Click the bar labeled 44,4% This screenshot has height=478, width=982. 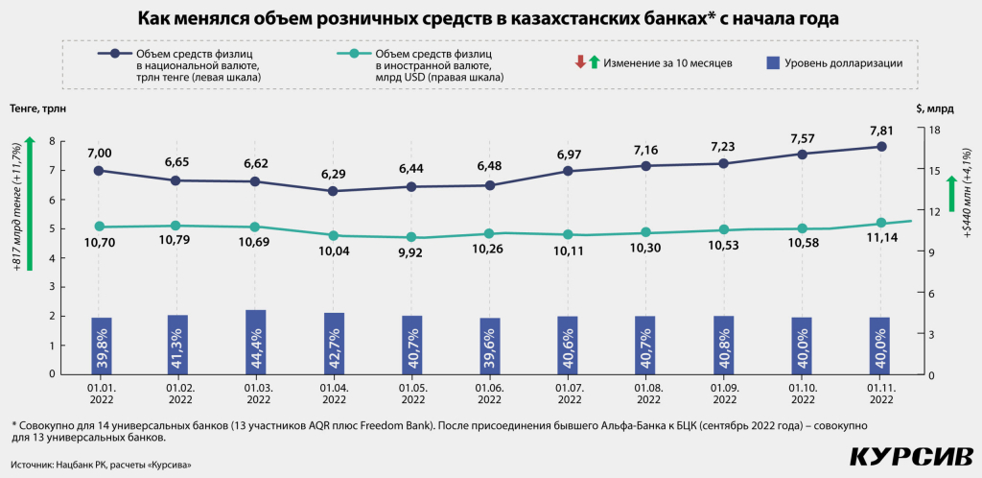point(255,342)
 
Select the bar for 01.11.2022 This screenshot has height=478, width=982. point(880,346)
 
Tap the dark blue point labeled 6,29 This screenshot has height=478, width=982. point(333,191)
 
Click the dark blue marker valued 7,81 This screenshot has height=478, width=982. point(880,147)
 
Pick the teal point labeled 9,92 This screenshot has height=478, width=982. point(411,237)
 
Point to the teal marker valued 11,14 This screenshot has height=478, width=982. point(880,223)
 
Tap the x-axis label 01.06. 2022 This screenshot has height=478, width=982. point(489,394)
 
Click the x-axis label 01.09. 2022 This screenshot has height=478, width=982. point(724,394)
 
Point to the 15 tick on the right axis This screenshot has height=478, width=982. point(934,170)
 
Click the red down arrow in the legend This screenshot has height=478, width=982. point(580,63)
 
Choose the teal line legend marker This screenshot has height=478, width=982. point(354,54)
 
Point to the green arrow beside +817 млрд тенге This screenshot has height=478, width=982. point(31,202)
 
